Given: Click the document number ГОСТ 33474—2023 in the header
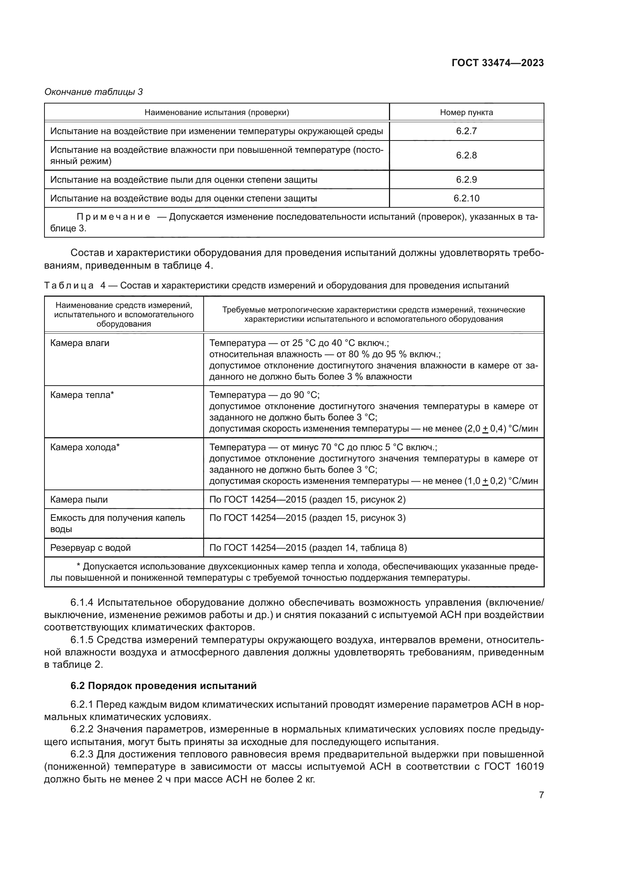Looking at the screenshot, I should (497, 63).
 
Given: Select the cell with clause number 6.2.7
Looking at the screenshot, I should (466, 131).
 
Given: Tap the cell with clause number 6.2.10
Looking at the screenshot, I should (466, 198).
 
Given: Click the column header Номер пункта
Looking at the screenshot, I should (466, 112).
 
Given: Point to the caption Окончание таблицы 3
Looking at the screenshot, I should (94, 92).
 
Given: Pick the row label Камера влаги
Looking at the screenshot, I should (80, 343).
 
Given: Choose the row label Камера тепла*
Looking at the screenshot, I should (82, 395).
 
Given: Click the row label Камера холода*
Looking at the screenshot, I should (85, 447).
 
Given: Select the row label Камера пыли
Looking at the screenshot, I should (79, 500).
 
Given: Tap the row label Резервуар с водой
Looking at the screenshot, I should (90, 548).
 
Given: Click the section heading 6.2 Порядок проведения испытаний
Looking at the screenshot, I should (164, 686).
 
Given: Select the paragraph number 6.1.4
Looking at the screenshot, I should (82, 602).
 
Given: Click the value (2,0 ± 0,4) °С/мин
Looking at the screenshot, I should (501, 429).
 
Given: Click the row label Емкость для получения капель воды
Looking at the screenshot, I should (118, 524).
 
